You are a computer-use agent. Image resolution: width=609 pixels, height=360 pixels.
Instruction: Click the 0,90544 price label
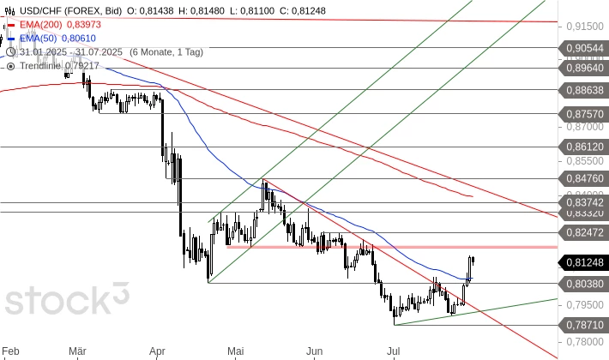585,48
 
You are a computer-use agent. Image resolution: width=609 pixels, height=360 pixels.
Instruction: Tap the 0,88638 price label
585,89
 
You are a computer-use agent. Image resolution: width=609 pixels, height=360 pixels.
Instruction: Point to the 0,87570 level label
585,111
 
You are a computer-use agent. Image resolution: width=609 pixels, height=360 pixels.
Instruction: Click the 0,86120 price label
585,147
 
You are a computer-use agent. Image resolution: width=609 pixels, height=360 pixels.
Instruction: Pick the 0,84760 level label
585,178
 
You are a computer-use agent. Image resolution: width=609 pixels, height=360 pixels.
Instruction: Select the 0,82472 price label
585,232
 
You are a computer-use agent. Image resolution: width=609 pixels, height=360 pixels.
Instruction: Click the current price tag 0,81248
585,262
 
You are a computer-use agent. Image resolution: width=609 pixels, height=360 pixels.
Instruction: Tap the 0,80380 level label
585,282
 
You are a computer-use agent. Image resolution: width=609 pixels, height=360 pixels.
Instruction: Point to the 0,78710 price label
585,324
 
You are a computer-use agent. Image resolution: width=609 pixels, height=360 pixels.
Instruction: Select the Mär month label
77,351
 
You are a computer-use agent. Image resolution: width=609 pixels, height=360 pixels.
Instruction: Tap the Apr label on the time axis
157,351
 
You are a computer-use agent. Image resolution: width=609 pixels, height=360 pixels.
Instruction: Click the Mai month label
237,351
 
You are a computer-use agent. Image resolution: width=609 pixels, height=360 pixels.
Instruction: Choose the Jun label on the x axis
315,351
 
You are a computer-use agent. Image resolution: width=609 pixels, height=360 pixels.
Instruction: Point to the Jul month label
394,351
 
